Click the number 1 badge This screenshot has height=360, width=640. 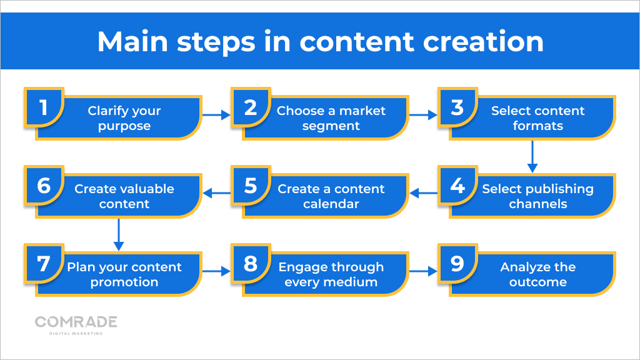[x=43, y=107]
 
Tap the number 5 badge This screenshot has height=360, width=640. [x=250, y=186]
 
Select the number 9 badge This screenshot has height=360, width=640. [x=457, y=264]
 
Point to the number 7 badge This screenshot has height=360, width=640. [x=43, y=264]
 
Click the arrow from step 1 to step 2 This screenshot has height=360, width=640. [x=216, y=116]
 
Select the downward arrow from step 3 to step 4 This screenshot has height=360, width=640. [x=532, y=156]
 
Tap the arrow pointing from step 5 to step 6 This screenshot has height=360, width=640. [x=216, y=194]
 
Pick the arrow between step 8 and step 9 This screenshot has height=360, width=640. [x=423, y=272]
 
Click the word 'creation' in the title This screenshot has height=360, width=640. [x=483, y=41]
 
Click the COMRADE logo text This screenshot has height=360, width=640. [x=76, y=322]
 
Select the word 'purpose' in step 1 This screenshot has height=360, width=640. [x=124, y=126]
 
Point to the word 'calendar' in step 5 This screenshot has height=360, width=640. [x=331, y=204]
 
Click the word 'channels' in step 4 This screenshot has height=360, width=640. [x=537, y=204]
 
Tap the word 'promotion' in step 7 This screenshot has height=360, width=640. [x=124, y=282]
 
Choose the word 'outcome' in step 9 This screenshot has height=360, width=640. [x=537, y=282]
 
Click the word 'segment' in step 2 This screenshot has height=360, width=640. [x=331, y=126]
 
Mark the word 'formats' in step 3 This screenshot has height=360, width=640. [x=537, y=126]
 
